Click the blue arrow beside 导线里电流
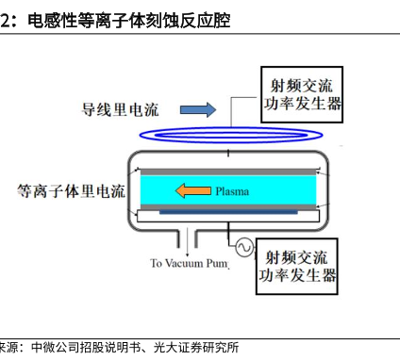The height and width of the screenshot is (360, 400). pyautogui.click(x=196, y=110)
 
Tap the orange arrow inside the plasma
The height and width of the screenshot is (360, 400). pyautogui.click(x=192, y=191)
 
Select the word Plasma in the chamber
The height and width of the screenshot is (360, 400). pyautogui.click(x=231, y=191)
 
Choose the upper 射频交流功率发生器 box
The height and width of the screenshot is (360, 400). pyautogui.click(x=301, y=91)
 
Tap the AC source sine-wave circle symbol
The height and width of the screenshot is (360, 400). pyautogui.click(x=242, y=248)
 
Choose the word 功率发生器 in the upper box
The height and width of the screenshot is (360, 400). pyautogui.click(x=302, y=103)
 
